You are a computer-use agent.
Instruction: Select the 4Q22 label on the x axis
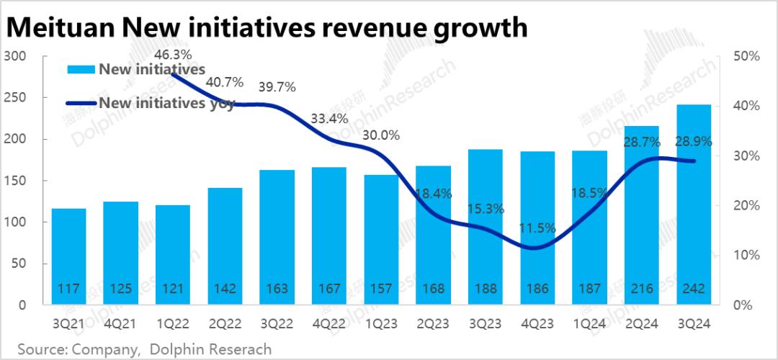(329, 323)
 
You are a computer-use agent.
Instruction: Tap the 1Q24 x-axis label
(589, 323)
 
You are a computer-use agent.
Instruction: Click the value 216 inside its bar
(641, 289)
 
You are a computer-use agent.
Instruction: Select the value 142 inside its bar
(225, 289)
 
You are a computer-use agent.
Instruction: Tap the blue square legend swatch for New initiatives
(80, 69)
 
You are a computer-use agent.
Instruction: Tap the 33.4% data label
(329, 118)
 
